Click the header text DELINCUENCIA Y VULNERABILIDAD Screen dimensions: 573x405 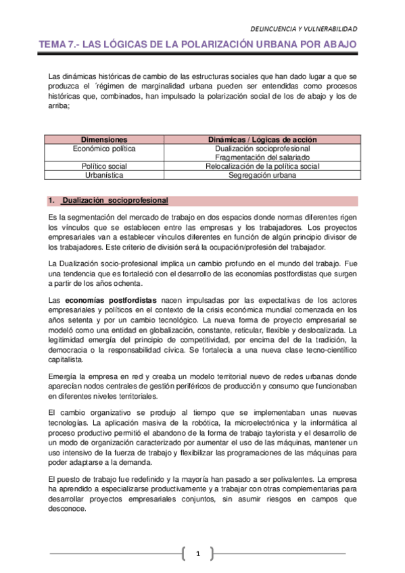click(304, 29)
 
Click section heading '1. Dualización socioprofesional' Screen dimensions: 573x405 click(109, 201)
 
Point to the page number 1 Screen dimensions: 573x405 click(199, 554)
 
